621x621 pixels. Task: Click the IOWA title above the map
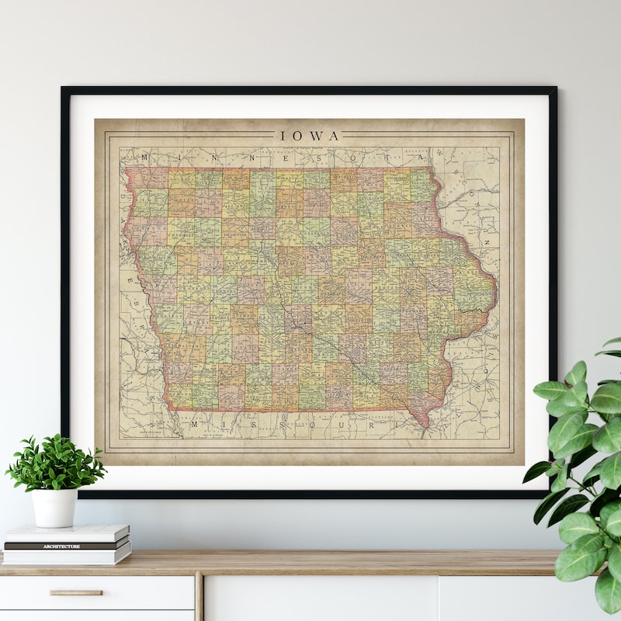point(310,136)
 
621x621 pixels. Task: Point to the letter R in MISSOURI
point(371,425)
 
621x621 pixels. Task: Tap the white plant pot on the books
point(54,508)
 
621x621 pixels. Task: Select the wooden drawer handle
point(76,592)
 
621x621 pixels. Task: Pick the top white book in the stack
point(67,533)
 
